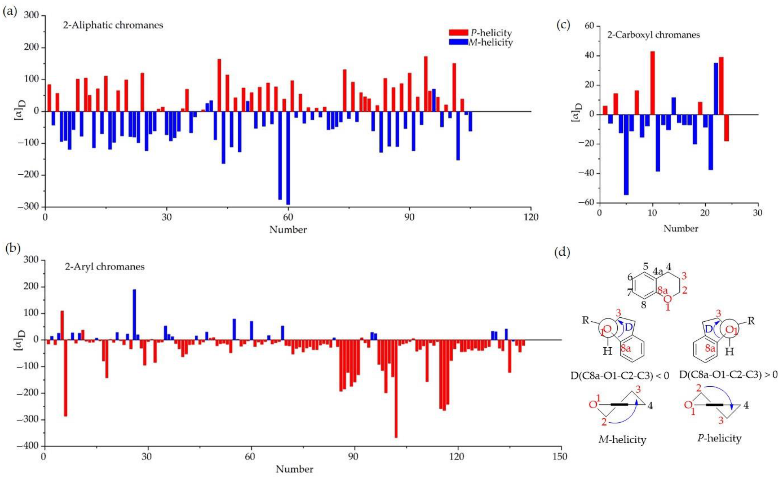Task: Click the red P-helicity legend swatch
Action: (458, 32)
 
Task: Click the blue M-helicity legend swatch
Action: (458, 42)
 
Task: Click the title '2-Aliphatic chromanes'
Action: (113, 25)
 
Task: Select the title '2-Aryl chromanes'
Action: (105, 267)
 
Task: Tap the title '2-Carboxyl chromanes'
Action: (653, 34)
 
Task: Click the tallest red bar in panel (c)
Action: (652, 83)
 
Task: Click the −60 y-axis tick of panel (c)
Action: (587, 203)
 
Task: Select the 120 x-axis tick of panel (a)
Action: (531, 217)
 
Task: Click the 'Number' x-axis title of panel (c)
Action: (681, 228)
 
